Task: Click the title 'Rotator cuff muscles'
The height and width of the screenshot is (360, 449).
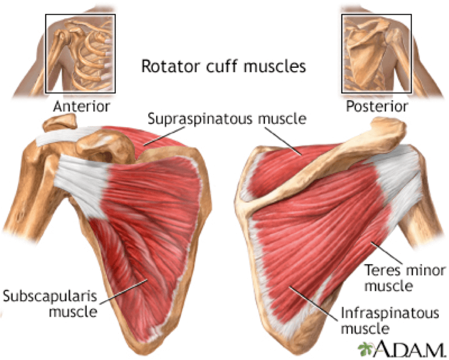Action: click(223, 67)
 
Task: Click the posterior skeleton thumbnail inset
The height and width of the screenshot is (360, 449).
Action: click(377, 53)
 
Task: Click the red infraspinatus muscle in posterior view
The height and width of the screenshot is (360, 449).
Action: click(307, 237)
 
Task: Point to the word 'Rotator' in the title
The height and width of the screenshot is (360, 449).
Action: click(162, 67)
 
